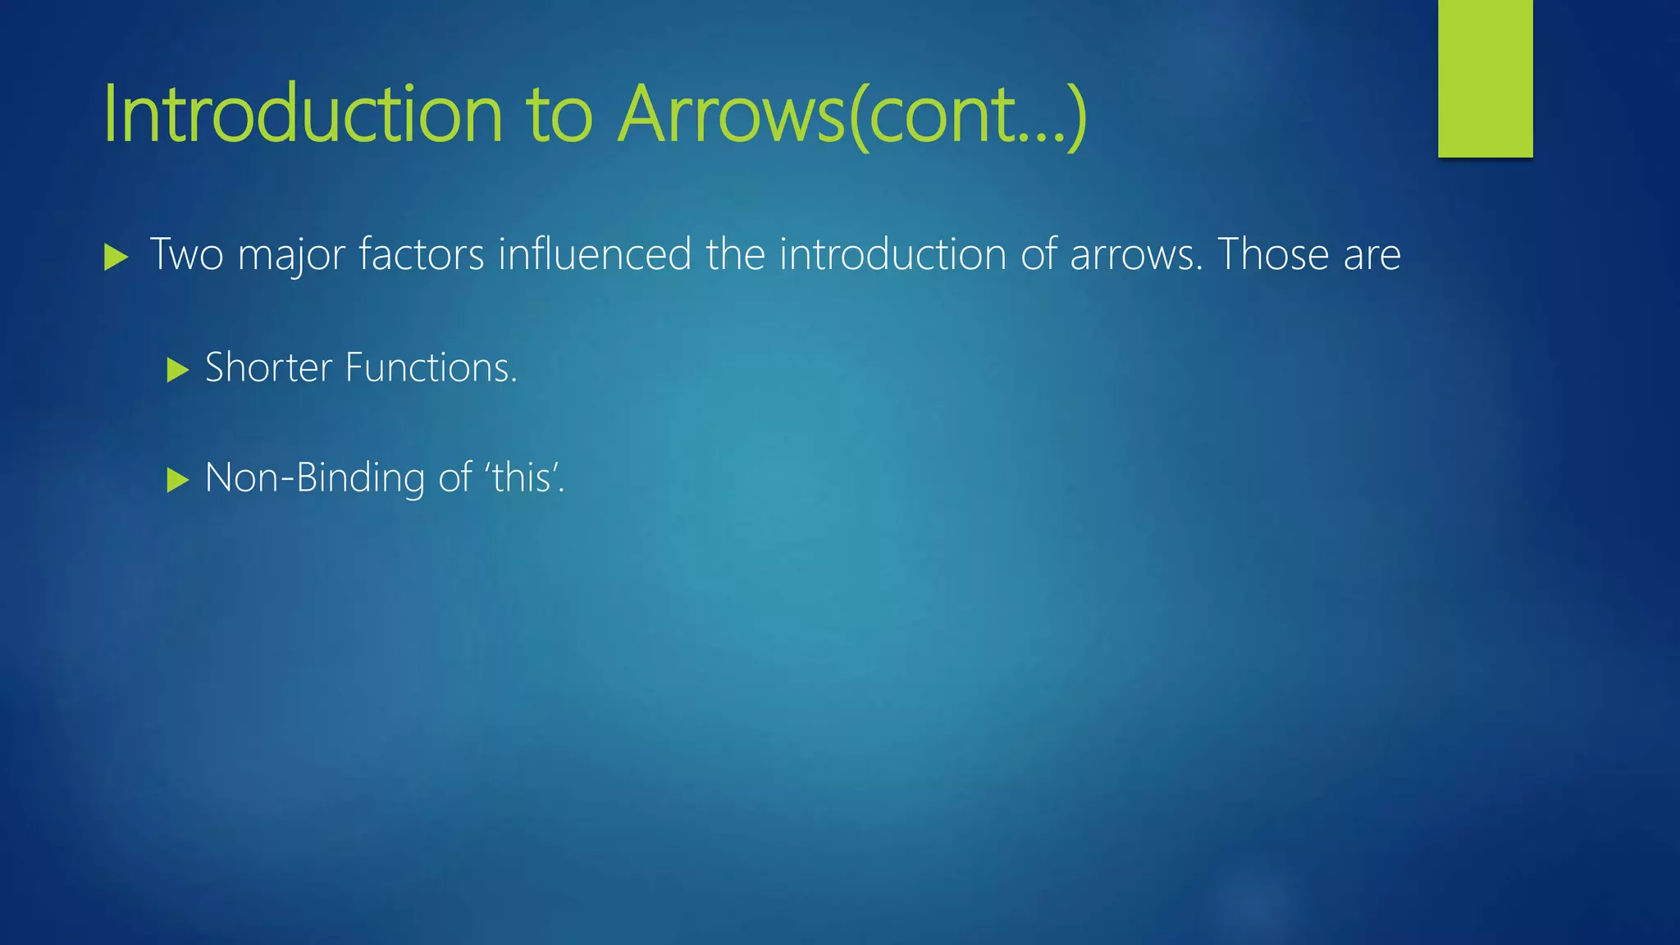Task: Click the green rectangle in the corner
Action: point(1485,78)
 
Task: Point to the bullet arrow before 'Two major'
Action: point(116,258)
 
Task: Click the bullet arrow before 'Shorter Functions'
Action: point(177,370)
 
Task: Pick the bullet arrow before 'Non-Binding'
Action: point(177,480)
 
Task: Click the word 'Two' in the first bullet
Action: point(186,254)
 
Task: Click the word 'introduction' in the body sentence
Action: point(892,254)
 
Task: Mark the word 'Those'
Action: point(1272,254)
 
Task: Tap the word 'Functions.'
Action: point(431,367)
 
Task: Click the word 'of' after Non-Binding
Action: point(455,477)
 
